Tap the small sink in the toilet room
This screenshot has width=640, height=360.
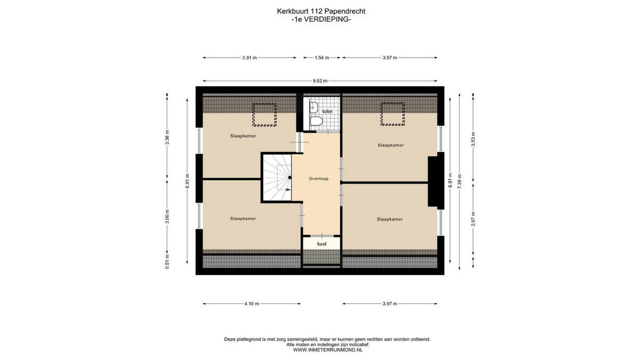[x=314, y=107]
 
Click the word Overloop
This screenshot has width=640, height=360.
[x=318, y=179]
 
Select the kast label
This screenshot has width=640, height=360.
[x=322, y=244]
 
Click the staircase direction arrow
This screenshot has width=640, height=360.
[x=289, y=189]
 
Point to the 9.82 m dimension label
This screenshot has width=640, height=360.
[x=320, y=81]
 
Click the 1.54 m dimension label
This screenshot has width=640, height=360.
[x=322, y=58]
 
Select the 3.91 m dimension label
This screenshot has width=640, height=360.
[x=250, y=58]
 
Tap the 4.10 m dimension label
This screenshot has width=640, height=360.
[x=252, y=303]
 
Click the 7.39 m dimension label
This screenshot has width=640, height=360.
[x=459, y=181]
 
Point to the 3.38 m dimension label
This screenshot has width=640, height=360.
[x=167, y=138]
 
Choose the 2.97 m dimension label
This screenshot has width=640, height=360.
[x=473, y=219]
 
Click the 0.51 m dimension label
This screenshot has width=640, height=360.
[x=167, y=262]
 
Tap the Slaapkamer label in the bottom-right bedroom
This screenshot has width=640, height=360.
[x=390, y=219]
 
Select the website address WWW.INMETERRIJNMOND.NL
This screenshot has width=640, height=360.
[x=327, y=350]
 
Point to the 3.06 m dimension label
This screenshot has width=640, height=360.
[x=167, y=217]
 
